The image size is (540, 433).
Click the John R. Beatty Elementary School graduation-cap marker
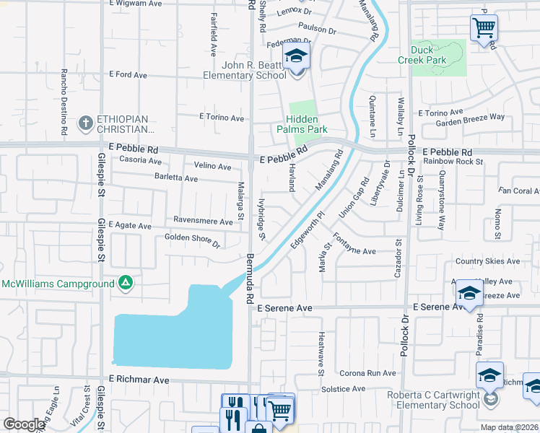click(x=295, y=56)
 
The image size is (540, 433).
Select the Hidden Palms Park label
click(x=307, y=124)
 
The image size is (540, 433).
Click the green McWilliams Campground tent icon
click(x=126, y=283)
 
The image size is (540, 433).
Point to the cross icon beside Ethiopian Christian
click(x=86, y=121)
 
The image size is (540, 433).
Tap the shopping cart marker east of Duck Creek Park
click(x=484, y=28)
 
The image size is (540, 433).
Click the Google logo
click(x=24, y=424)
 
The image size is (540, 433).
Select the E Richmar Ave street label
click(x=139, y=379)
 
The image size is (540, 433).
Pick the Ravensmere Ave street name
click(x=203, y=220)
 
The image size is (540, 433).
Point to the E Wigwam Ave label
click(x=135, y=4)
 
